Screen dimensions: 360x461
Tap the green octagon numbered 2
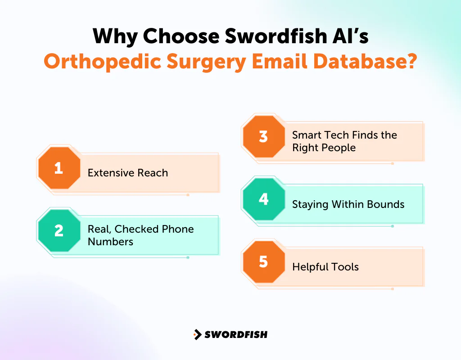pyautogui.click(x=59, y=230)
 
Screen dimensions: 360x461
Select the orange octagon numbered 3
pyautogui.click(x=264, y=136)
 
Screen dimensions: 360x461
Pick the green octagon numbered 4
pyautogui.click(x=264, y=199)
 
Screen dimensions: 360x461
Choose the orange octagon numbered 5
pyautogui.click(x=264, y=261)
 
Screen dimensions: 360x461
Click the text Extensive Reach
pyautogui.click(x=127, y=173)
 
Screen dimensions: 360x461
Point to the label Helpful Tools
pyautogui.click(x=325, y=267)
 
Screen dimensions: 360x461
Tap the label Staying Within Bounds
pyautogui.click(x=348, y=204)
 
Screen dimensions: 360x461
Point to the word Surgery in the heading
pyautogui.click(x=209, y=62)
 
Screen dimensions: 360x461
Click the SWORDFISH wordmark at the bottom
pyautogui.click(x=236, y=334)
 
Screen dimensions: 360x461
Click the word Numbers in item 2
pyautogui.click(x=110, y=242)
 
